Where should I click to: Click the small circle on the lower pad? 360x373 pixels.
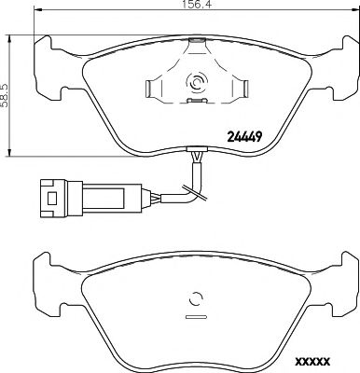click(x=196, y=300)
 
